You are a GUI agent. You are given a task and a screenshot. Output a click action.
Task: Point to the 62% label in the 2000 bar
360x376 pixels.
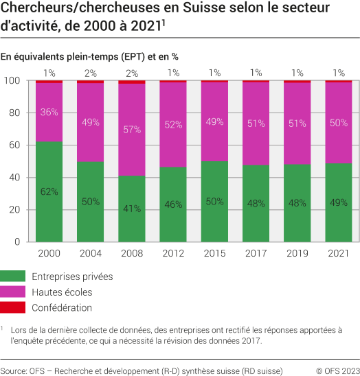(49, 191)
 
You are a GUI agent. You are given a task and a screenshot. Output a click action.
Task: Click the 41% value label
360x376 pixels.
(132, 209)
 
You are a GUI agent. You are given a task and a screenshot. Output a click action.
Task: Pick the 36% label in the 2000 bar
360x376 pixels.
(49, 112)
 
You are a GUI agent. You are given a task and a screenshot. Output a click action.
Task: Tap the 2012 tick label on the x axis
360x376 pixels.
(173, 254)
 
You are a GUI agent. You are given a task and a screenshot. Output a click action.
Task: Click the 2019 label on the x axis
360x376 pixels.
(297, 254)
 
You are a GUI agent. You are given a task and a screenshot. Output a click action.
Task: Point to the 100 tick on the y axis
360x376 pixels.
(11, 81)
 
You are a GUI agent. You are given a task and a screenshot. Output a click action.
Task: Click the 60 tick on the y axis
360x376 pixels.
(14, 145)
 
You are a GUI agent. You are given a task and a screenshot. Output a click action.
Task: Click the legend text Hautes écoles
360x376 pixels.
(62, 292)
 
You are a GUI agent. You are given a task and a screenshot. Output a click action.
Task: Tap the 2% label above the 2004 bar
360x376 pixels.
(91, 73)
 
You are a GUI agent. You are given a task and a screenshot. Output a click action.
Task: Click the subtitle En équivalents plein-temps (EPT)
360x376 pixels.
(80, 56)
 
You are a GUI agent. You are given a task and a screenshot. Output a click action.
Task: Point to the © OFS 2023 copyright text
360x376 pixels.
(337, 371)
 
